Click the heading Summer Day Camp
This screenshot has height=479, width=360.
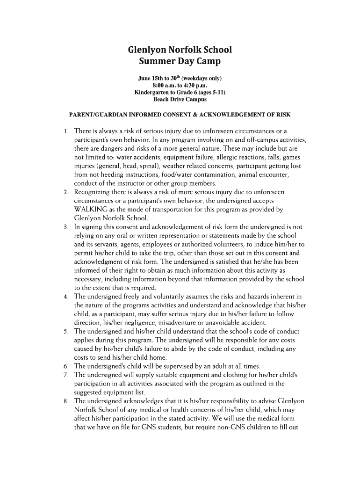[x=180, y=61]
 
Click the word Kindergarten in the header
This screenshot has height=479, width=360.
[x=152, y=93]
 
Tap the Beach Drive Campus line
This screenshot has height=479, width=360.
[x=180, y=100]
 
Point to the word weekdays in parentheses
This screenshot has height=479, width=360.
[x=194, y=78]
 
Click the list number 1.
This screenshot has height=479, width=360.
[x=67, y=131]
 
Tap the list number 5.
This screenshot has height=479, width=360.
[x=67, y=331]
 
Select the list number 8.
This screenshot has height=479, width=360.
[x=67, y=401]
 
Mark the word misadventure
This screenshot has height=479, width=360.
[x=186, y=323]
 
